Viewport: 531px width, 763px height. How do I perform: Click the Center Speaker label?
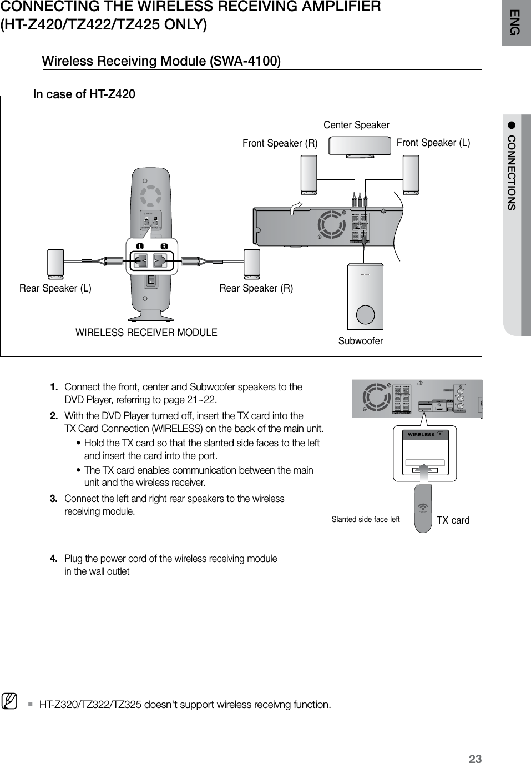pos(356,125)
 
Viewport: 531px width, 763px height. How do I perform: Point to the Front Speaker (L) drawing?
pos(411,175)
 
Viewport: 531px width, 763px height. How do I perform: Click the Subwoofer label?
pos(361,340)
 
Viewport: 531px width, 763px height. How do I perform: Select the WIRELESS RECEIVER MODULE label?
pos(146,333)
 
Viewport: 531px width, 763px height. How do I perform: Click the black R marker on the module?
pos(164,246)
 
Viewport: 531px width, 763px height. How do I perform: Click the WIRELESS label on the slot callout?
pos(422,435)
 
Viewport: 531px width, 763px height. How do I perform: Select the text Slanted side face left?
pos(365,520)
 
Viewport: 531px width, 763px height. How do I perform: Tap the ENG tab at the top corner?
pos(515,22)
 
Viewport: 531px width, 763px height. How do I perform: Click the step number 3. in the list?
pos(54,498)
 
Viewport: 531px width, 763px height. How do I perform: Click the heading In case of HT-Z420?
pos(84,94)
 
